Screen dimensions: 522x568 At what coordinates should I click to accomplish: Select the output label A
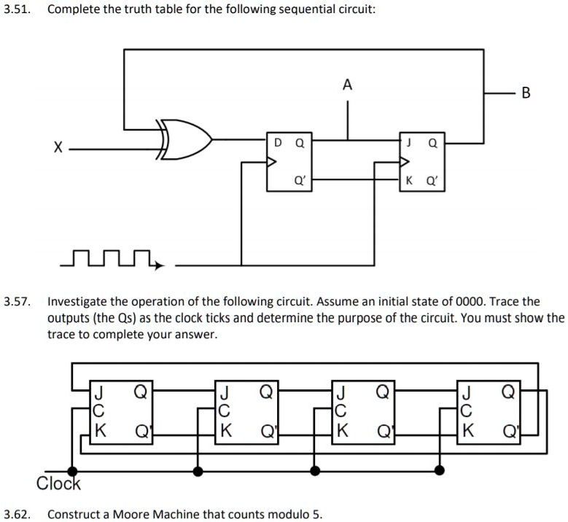(347, 86)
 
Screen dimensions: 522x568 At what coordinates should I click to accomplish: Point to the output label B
(526, 93)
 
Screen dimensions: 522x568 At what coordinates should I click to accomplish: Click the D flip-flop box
(289, 162)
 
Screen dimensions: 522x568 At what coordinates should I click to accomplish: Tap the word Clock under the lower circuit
(58, 483)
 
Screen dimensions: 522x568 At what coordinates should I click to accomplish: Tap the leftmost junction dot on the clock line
(71, 471)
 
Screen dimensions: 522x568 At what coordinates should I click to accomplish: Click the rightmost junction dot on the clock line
(440, 471)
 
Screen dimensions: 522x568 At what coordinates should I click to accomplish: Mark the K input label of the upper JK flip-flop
(409, 180)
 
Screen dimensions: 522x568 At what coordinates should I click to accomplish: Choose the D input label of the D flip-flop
(277, 144)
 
